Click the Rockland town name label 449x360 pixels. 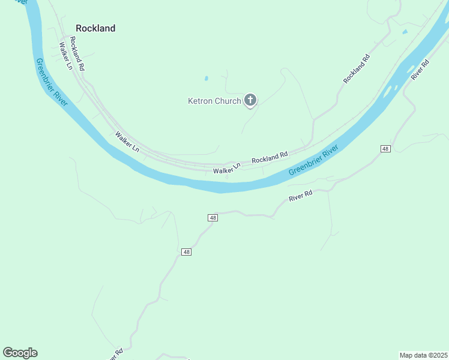pyautogui.click(x=95, y=28)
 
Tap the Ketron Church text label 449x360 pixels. pyautogui.click(x=214, y=101)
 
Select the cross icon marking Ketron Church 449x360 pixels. pyautogui.click(x=250, y=100)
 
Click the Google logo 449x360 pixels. pyautogui.click(x=20, y=353)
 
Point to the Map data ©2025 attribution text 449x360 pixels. pyautogui.click(x=423, y=355)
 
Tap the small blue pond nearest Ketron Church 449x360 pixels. pyautogui.click(x=206, y=78)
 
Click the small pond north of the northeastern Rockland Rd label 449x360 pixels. pyautogui.click(x=405, y=31)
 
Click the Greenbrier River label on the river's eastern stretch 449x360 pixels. pyautogui.click(x=314, y=160)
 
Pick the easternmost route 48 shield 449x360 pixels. pyautogui.click(x=385, y=148)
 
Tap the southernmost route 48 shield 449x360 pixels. pyautogui.click(x=187, y=252)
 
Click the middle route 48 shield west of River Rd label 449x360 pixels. pyautogui.click(x=212, y=217)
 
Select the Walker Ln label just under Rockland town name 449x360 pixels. pyautogui.click(x=65, y=54)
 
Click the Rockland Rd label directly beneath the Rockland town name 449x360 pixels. pyautogui.click(x=77, y=54)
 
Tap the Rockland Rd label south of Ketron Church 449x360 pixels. pyautogui.click(x=270, y=158)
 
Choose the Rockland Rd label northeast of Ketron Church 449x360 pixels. pyautogui.click(x=357, y=68)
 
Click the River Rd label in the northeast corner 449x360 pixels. pyautogui.click(x=421, y=70)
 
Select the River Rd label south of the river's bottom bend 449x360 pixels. pyautogui.click(x=301, y=196)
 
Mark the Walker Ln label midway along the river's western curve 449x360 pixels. pyautogui.click(x=127, y=142)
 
